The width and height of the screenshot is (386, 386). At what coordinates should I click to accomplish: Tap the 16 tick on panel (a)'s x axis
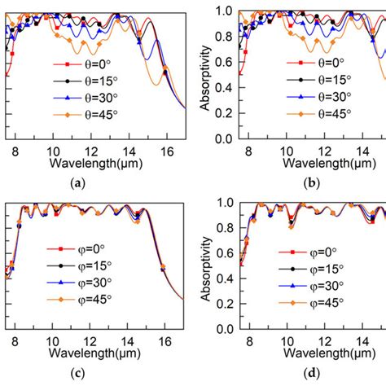click(167, 151)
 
